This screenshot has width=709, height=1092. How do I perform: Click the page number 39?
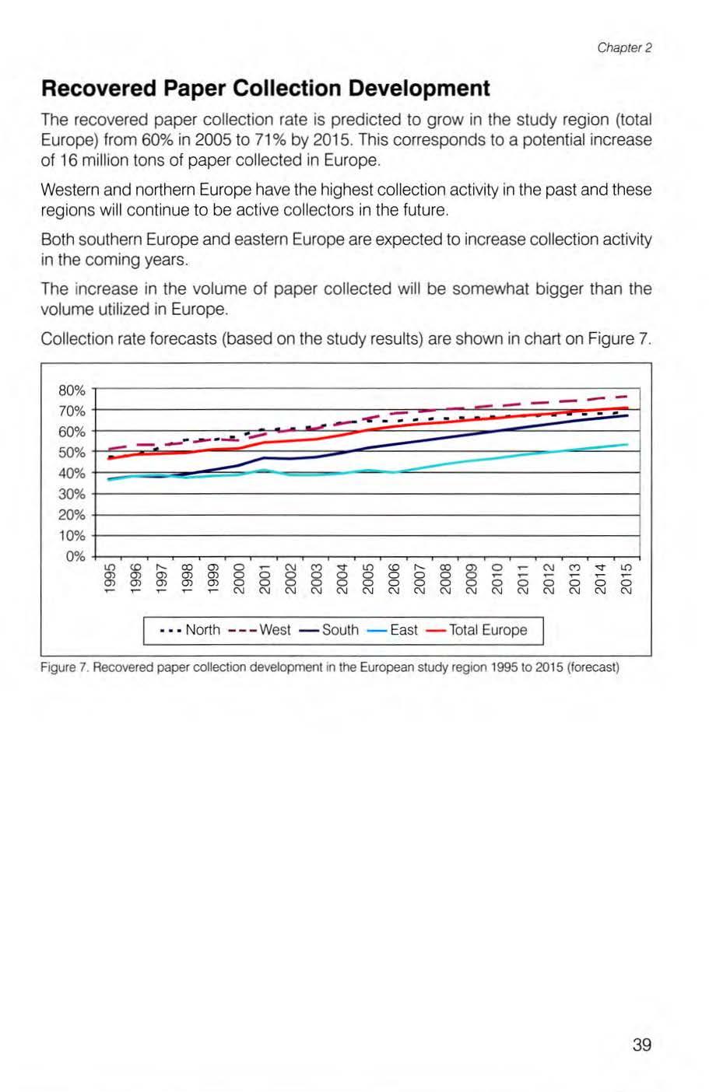click(641, 1045)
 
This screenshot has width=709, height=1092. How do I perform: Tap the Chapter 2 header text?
click(624, 47)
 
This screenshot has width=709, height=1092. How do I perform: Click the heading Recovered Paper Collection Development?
click(265, 89)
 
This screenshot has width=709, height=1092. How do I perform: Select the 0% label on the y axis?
click(75, 557)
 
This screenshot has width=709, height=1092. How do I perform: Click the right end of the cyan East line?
click(627, 444)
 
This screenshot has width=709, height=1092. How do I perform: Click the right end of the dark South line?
click(627, 415)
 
